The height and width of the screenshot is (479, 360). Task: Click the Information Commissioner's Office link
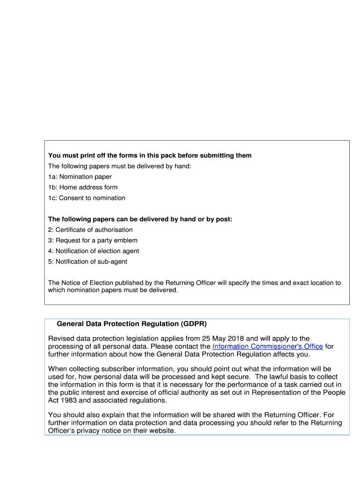[267, 347]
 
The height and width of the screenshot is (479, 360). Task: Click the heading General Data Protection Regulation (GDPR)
[131, 324]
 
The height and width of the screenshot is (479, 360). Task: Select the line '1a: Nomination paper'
[80, 177]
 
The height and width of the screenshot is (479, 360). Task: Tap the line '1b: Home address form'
[83, 188]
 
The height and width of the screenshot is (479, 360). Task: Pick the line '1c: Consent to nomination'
[86, 198]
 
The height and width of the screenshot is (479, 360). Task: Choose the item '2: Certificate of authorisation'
[90, 230]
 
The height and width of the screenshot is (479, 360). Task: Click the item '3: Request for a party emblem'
[93, 240]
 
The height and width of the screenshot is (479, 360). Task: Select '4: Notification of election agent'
[94, 251]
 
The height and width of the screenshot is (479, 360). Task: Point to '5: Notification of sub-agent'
[87, 261]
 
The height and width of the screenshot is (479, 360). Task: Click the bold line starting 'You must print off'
[150, 155]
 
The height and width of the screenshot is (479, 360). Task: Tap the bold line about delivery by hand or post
[140, 219]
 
